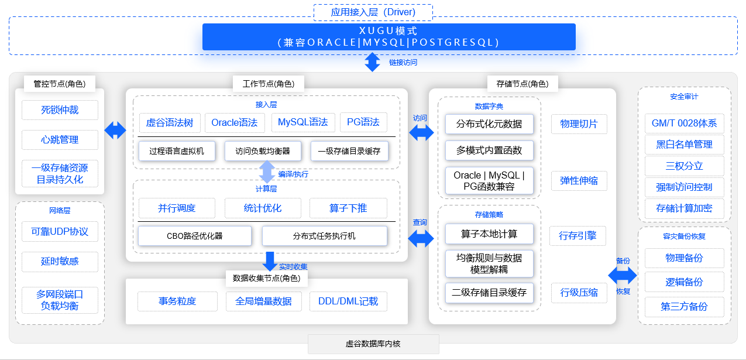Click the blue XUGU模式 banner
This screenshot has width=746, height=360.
(389, 36)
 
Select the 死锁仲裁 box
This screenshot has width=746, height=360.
(60, 110)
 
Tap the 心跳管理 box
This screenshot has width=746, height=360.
(60, 140)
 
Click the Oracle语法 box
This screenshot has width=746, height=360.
(234, 122)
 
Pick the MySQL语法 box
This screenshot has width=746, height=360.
(302, 122)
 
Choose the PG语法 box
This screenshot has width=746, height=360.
(363, 122)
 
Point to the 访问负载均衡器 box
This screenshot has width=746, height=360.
(263, 151)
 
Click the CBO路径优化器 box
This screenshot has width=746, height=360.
(194, 236)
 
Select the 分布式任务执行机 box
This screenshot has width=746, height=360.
(324, 236)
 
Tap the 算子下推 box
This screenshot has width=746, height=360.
(349, 208)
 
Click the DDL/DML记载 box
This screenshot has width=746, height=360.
(348, 301)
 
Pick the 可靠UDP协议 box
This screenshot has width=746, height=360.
(60, 232)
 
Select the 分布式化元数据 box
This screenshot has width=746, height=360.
(489, 124)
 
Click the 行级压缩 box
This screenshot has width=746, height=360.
(579, 293)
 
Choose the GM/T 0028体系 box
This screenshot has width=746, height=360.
(684, 124)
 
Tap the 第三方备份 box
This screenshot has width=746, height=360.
(684, 306)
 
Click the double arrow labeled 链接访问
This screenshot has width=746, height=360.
(373, 62)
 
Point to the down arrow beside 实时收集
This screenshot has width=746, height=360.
(270, 261)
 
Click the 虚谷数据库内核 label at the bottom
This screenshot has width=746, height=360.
(373, 344)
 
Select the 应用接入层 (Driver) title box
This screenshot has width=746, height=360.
(373, 12)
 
